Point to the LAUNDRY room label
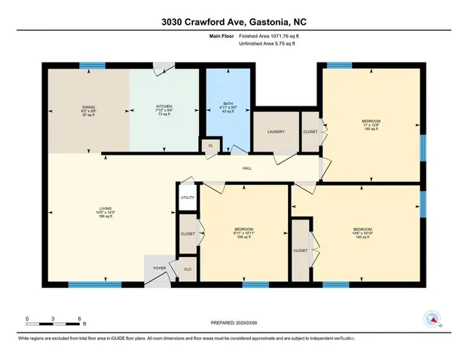point(275,131)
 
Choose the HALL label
point(246,168)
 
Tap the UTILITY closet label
point(187,198)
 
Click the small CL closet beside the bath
point(211,145)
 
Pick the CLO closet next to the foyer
point(186,267)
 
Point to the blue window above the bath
point(228,66)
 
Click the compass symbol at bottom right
point(432,319)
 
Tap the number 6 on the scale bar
point(79,318)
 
